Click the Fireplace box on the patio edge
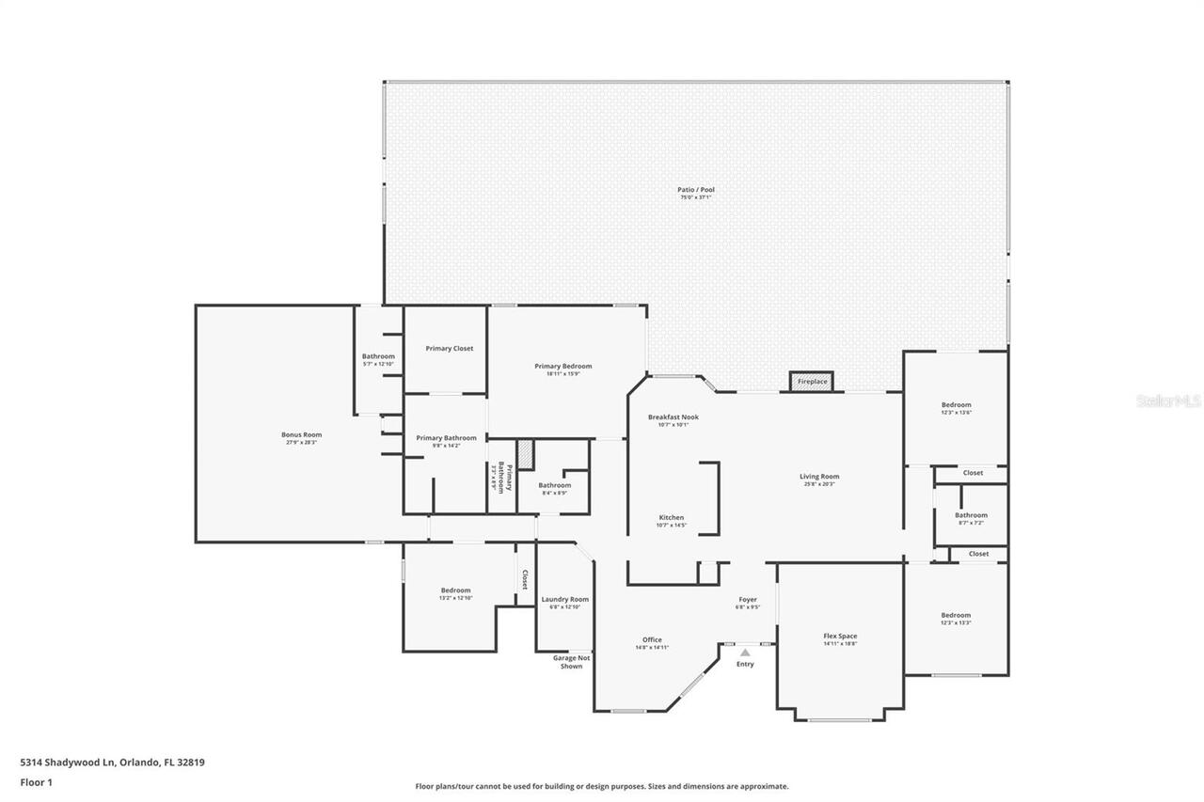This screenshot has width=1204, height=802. click(x=812, y=381)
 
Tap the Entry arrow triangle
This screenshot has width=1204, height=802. click(x=745, y=652)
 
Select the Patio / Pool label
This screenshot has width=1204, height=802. click(x=696, y=190)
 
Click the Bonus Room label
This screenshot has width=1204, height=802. click(x=301, y=434)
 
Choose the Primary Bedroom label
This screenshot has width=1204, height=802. click(x=563, y=366)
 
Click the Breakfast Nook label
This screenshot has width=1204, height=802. click(x=673, y=417)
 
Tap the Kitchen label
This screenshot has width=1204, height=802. click(x=672, y=517)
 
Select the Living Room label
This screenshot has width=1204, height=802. click(x=819, y=476)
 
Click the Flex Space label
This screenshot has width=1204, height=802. click(x=840, y=636)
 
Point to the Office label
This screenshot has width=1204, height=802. click(x=652, y=639)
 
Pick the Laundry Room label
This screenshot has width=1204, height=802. click(x=565, y=599)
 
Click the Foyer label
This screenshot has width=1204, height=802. click(x=747, y=599)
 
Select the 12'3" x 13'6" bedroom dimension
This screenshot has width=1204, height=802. click(x=956, y=412)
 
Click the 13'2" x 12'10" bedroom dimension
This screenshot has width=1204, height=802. click(x=455, y=598)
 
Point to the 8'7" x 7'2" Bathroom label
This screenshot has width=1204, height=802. click(x=971, y=515)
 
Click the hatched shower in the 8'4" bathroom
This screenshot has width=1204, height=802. click(x=526, y=453)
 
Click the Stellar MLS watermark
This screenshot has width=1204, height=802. click(x=1168, y=401)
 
